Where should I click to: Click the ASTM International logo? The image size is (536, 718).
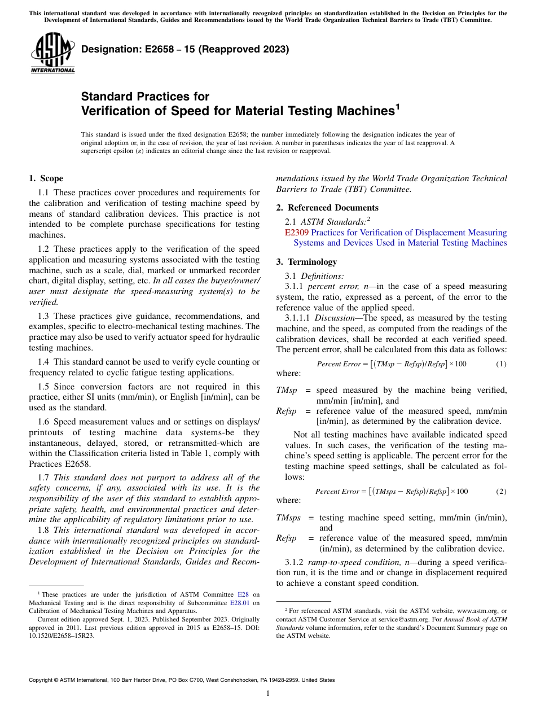(52, 53)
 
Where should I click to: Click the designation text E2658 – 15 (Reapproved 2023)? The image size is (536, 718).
(185, 49)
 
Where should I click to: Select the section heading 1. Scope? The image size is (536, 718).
(46, 178)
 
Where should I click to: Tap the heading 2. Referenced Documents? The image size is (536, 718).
(327, 208)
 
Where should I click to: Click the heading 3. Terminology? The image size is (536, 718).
(306, 262)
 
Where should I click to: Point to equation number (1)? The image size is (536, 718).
(501, 364)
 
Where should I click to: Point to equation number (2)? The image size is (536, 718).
(501, 491)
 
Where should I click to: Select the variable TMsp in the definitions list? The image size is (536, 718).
(286, 390)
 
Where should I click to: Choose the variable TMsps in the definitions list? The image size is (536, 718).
(288, 518)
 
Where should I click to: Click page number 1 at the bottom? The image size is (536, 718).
(268, 693)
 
